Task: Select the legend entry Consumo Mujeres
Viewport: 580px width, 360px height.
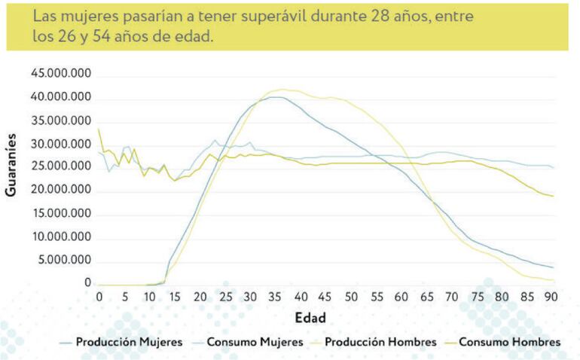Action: point(256,342)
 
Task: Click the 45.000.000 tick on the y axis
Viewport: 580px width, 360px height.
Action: point(61,74)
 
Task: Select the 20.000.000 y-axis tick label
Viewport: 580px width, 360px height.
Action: point(61,191)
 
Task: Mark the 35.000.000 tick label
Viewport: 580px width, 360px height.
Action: point(61,121)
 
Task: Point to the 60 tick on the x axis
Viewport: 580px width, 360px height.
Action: point(401,297)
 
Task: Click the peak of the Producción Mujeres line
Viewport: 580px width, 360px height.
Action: point(276,96)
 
